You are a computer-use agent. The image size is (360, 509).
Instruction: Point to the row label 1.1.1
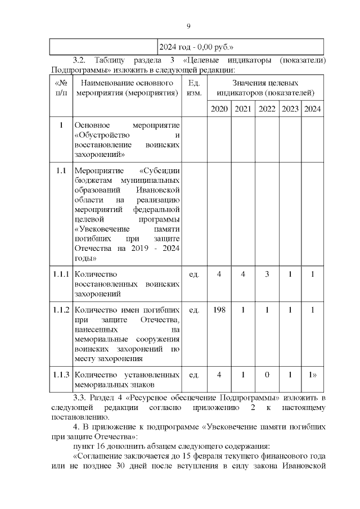(61, 274)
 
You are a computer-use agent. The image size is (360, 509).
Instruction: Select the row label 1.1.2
(61, 310)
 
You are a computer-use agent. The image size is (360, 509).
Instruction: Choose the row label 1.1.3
(61, 375)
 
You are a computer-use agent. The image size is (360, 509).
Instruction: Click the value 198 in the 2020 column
(219, 310)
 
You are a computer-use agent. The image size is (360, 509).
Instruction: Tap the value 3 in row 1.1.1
(267, 274)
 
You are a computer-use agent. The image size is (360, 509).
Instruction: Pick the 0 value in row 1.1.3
(267, 375)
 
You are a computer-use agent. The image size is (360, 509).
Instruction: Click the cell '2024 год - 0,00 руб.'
(196, 47)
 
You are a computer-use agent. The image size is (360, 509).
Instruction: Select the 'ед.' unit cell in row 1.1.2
(193, 310)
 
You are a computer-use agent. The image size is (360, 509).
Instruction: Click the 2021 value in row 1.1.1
(243, 274)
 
